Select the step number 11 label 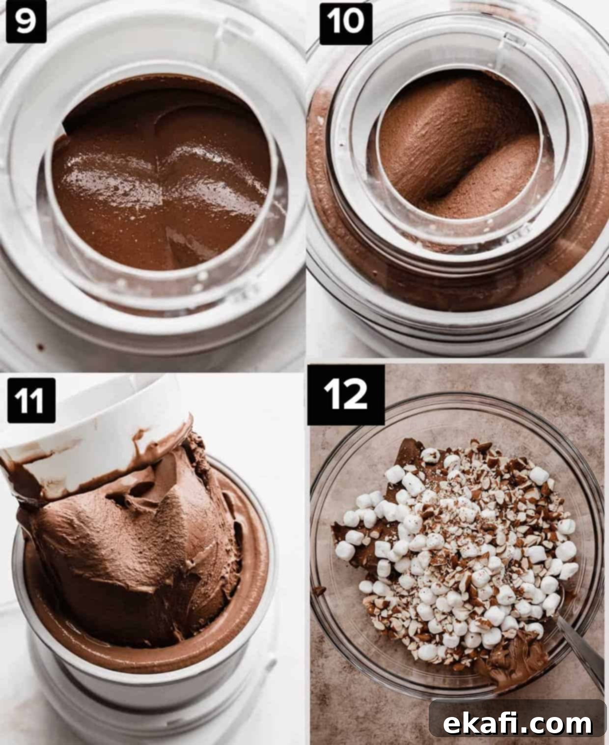pos(31,400)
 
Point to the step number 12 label pos(346,395)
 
